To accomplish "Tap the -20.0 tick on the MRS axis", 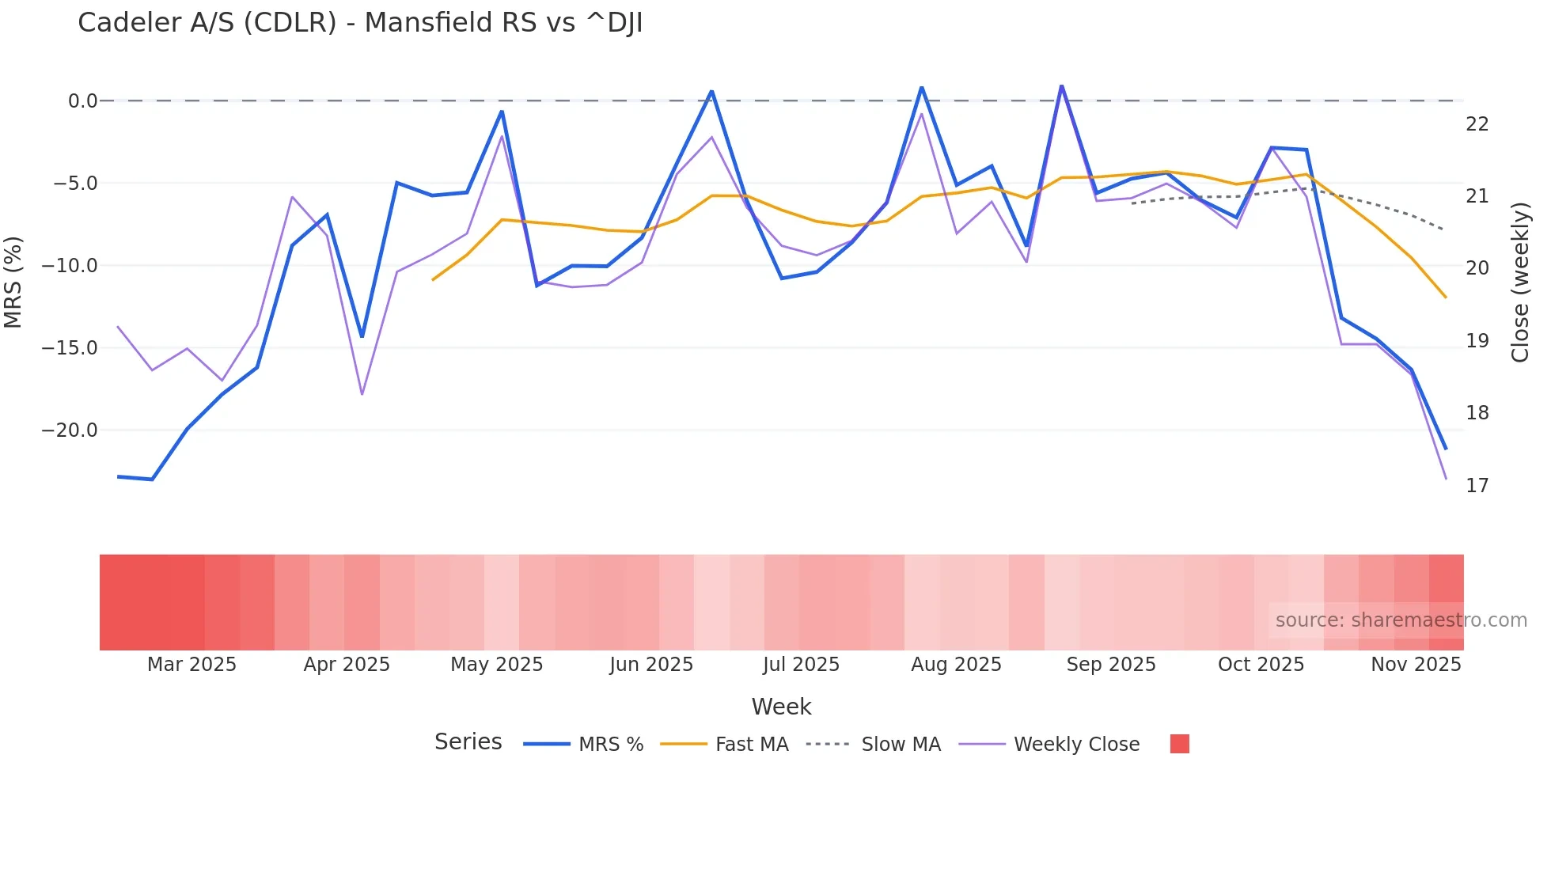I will (x=70, y=430).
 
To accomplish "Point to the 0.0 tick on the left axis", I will (x=82, y=101).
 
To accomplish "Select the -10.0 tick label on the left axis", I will (x=70, y=266).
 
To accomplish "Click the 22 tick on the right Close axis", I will (x=1477, y=124).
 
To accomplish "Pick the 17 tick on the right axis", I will (x=1477, y=486).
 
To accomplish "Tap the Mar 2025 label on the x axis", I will (x=192, y=665).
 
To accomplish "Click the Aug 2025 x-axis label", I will (x=956, y=665).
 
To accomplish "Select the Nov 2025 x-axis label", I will (x=1416, y=665).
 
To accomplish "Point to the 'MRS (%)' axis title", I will (x=13, y=282).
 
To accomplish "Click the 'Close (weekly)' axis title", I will (x=1520, y=282).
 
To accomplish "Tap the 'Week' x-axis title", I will (x=781, y=707).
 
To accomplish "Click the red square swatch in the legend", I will (x=1179, y=744).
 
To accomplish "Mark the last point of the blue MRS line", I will (x=1446, y=449).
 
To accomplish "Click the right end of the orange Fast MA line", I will (x=1446, y=298).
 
